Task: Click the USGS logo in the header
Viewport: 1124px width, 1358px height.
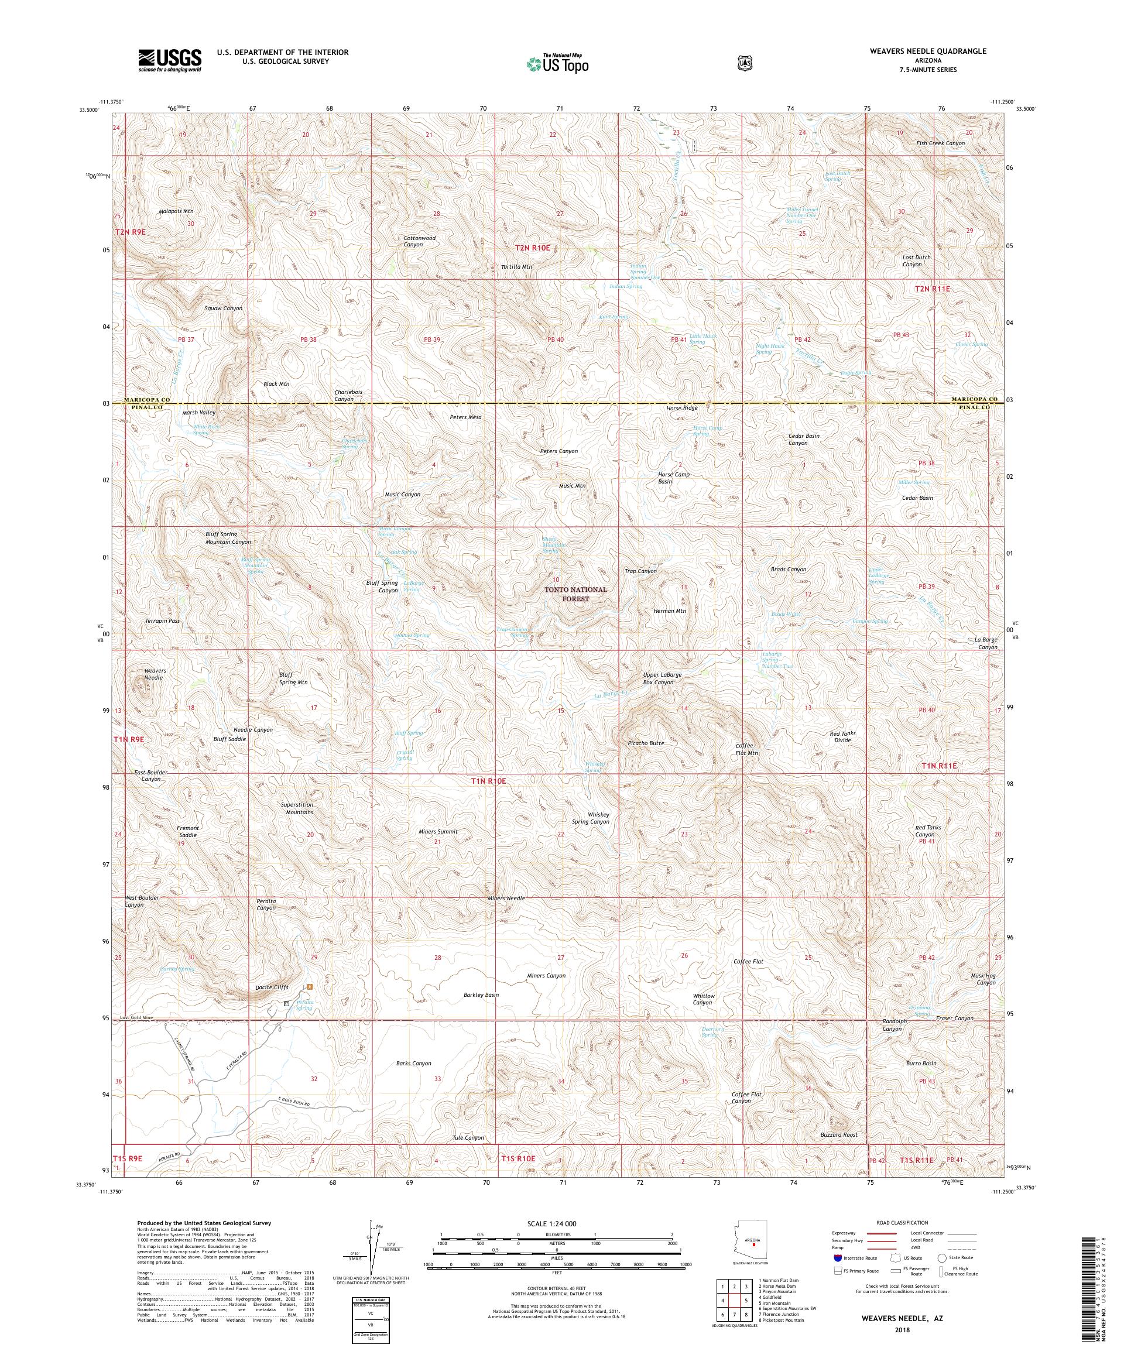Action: coord(169,61)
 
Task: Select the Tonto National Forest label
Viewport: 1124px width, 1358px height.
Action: coord(575,594)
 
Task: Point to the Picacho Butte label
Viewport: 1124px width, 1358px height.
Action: coord(646,743)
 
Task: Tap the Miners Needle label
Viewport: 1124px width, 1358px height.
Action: coord(506,899)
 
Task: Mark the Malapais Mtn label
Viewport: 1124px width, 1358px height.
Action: coord(176,211)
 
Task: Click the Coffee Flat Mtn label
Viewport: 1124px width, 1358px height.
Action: coord(746,749)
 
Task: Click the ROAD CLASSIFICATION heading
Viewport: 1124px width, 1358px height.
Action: coord(902,1223)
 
